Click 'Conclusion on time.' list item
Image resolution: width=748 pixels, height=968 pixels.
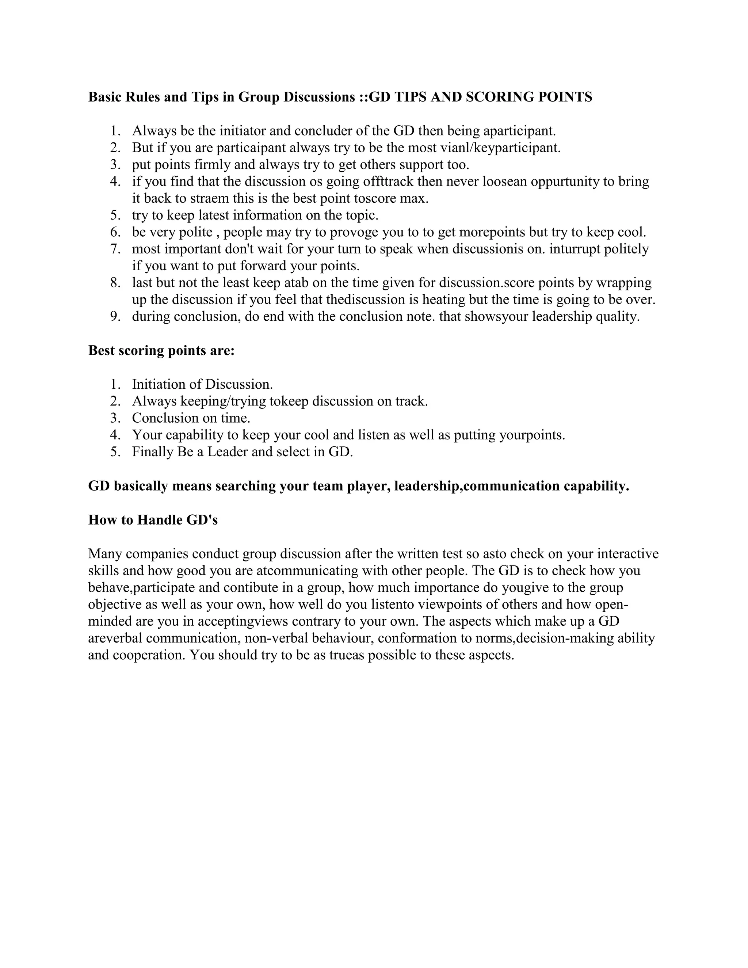191,418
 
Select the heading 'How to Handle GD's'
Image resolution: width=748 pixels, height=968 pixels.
153,519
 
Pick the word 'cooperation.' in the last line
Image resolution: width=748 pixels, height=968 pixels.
149,655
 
